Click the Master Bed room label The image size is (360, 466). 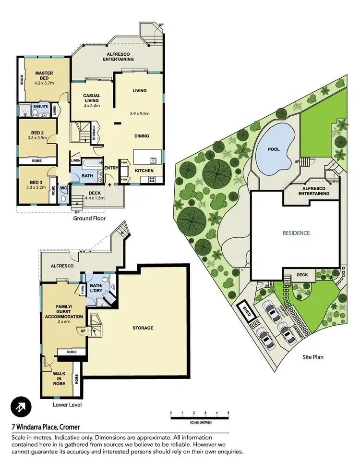coord(44,76)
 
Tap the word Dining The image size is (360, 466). coord(141,136)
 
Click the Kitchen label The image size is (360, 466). coord(144,171)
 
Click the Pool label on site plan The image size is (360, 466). coord(274,149)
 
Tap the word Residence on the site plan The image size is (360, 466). coord(296,233)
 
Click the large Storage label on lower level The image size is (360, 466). coord(143,328)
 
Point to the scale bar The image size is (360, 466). coord(199,418)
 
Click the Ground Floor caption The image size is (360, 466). coord(89,218)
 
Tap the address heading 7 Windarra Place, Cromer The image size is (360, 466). coord(46,427)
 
